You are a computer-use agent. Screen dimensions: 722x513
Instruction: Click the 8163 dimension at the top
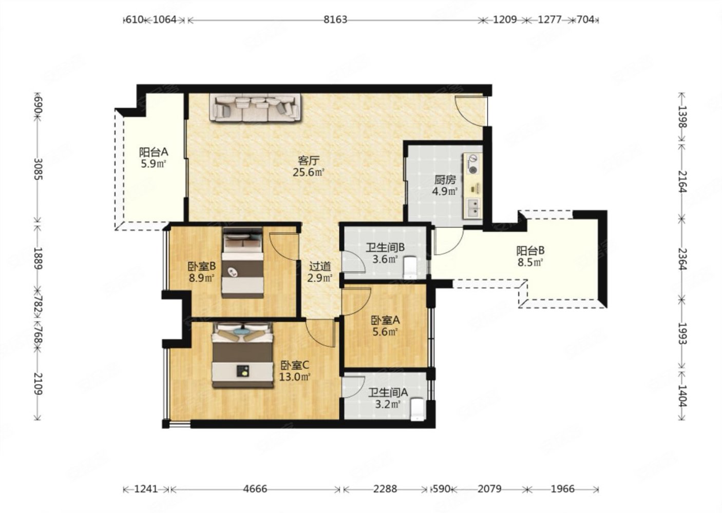coord(335,20)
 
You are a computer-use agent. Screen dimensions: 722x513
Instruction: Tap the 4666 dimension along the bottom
coord(255,489)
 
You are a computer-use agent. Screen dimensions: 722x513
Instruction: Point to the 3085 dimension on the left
coord(38,169)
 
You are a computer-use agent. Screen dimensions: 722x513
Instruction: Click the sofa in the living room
coord(256,108)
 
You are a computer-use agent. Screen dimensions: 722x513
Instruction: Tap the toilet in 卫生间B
coord(410,267)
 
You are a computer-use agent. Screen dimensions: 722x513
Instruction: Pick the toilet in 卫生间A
coord(417,409)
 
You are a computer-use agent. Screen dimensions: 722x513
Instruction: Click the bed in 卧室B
coord(243,263)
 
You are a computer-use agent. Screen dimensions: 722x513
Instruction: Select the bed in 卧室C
coord(242,354)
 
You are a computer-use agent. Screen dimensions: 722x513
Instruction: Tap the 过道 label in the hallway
coord(320,266)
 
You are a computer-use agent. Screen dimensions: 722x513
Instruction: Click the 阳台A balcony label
coord(154,152)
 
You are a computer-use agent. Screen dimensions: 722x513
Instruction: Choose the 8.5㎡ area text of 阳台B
coord(530,263)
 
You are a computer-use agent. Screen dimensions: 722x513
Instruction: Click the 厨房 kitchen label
coord(445,180)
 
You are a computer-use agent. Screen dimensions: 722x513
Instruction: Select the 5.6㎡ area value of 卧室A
coord(385,331)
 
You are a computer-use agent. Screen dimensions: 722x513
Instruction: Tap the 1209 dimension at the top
coord(505,20)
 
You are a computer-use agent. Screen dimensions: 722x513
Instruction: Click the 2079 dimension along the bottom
coord(489,489)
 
